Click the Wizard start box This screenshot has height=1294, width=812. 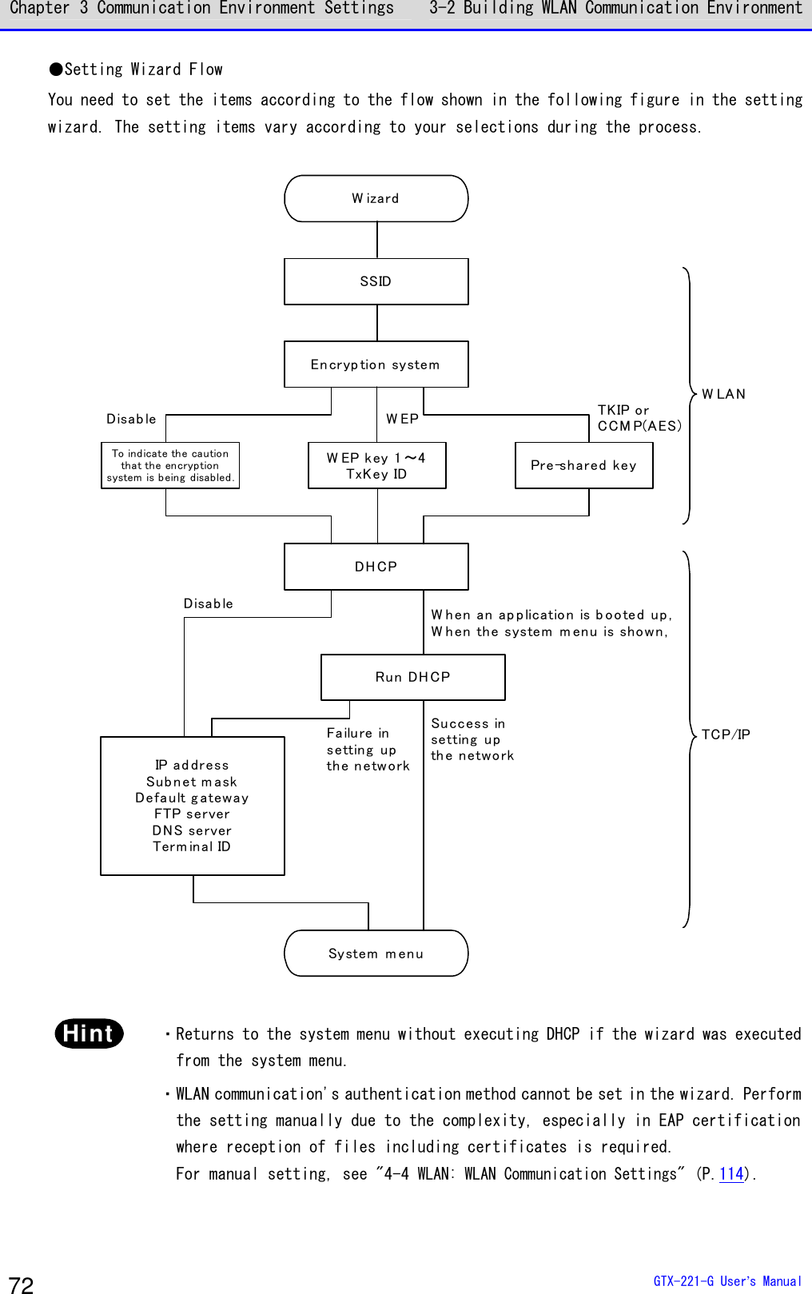[x=376, y=198]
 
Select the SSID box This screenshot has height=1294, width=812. [x=376, y=281]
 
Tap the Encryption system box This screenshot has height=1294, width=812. [x=376, y=364]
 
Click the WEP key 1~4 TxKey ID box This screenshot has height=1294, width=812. [x=377, y=466]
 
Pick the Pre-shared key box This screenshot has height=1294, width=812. [x=584, y=466]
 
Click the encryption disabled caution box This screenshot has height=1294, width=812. [x=170, y=466]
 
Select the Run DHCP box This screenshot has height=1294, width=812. [x=413, y=677]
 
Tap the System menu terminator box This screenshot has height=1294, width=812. [x=376, y=954]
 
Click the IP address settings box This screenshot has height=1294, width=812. [x=193, y=806]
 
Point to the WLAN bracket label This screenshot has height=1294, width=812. [x=723, y=394]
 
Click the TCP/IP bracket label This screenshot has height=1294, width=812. [x=726, y=735]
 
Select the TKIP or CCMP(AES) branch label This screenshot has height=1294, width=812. [x=639, y=418]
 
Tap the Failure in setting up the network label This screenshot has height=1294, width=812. [x=368, y=749]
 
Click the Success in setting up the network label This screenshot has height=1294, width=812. [x=472, y=739]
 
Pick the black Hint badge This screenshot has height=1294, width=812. [x=89, y=1033]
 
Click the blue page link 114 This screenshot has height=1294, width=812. [x=731, y=1173]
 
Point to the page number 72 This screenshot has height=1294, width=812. [x=22, y=1284]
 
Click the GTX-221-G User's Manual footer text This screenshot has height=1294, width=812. [x=727, y=1280]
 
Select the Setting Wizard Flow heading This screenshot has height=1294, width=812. [x=137, y=70]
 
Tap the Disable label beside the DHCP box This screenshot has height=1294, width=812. [x=209, y=603]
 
